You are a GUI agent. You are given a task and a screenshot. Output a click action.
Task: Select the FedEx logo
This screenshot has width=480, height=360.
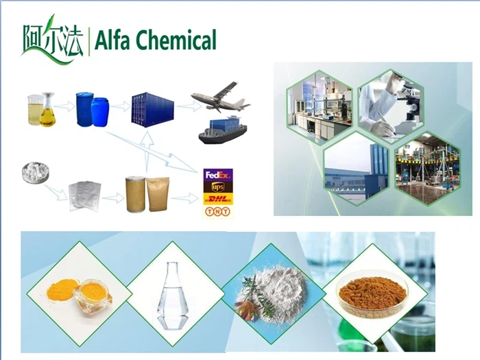click(x=219, y=174)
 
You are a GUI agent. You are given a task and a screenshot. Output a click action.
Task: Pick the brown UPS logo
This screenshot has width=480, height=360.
click(x=219, y=187)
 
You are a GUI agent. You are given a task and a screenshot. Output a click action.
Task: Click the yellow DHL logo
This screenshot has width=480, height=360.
click(x=219, y=199)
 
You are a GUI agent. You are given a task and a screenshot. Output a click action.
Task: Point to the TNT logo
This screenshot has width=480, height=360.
click(x=219, y=211)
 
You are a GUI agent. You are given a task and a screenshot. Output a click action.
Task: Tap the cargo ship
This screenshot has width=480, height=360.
click(x=221, y=129)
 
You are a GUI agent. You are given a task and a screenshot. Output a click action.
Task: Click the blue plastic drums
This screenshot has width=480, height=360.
click(x=93, y=110)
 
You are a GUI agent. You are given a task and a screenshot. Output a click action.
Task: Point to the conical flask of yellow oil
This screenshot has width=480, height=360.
click(x=47, y=112)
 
